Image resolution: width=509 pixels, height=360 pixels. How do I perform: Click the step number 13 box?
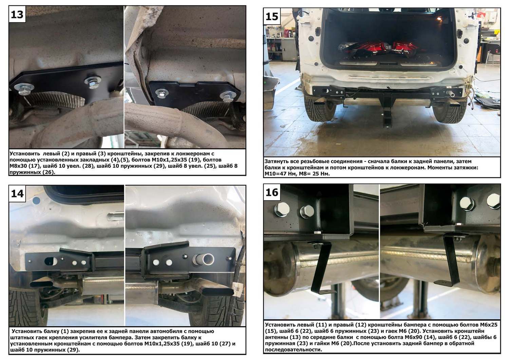[x=17, y=14]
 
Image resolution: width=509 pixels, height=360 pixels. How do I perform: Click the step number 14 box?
[x=17, y=194]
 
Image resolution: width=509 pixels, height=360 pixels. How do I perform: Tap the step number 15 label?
[x=272, y=16]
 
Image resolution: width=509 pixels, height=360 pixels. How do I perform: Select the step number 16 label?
[x=272, y=192]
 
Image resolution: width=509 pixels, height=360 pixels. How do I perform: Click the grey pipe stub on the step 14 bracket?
[x=204, y=259]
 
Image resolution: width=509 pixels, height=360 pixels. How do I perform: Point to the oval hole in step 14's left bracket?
[x=51, y=261]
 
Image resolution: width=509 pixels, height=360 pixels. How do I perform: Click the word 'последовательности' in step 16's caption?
[x=294, y=350]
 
